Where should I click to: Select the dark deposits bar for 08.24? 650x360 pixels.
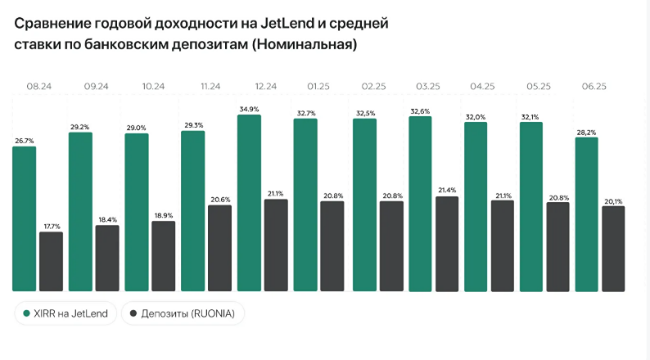(51, 261)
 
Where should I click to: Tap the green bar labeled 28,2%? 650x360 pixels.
(587, 214)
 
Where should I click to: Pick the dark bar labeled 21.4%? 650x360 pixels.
(447, 244)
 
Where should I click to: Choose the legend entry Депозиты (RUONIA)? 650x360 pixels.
(181, 313)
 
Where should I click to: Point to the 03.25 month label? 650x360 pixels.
(428, 85)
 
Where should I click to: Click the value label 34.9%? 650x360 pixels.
(249, 109)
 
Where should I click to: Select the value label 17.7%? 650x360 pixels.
(51, 226)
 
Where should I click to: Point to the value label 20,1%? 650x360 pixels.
(613, 200)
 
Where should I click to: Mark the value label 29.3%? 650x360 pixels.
(192, 125)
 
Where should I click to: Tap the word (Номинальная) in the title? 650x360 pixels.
(305, 45)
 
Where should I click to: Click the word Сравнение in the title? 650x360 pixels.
(54, 24)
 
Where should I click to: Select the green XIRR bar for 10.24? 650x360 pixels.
(137, 212)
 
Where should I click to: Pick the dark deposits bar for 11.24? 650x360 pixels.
(220, 248)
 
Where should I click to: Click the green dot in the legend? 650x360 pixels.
(27, 313)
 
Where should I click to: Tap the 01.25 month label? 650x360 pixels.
(318, 85)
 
